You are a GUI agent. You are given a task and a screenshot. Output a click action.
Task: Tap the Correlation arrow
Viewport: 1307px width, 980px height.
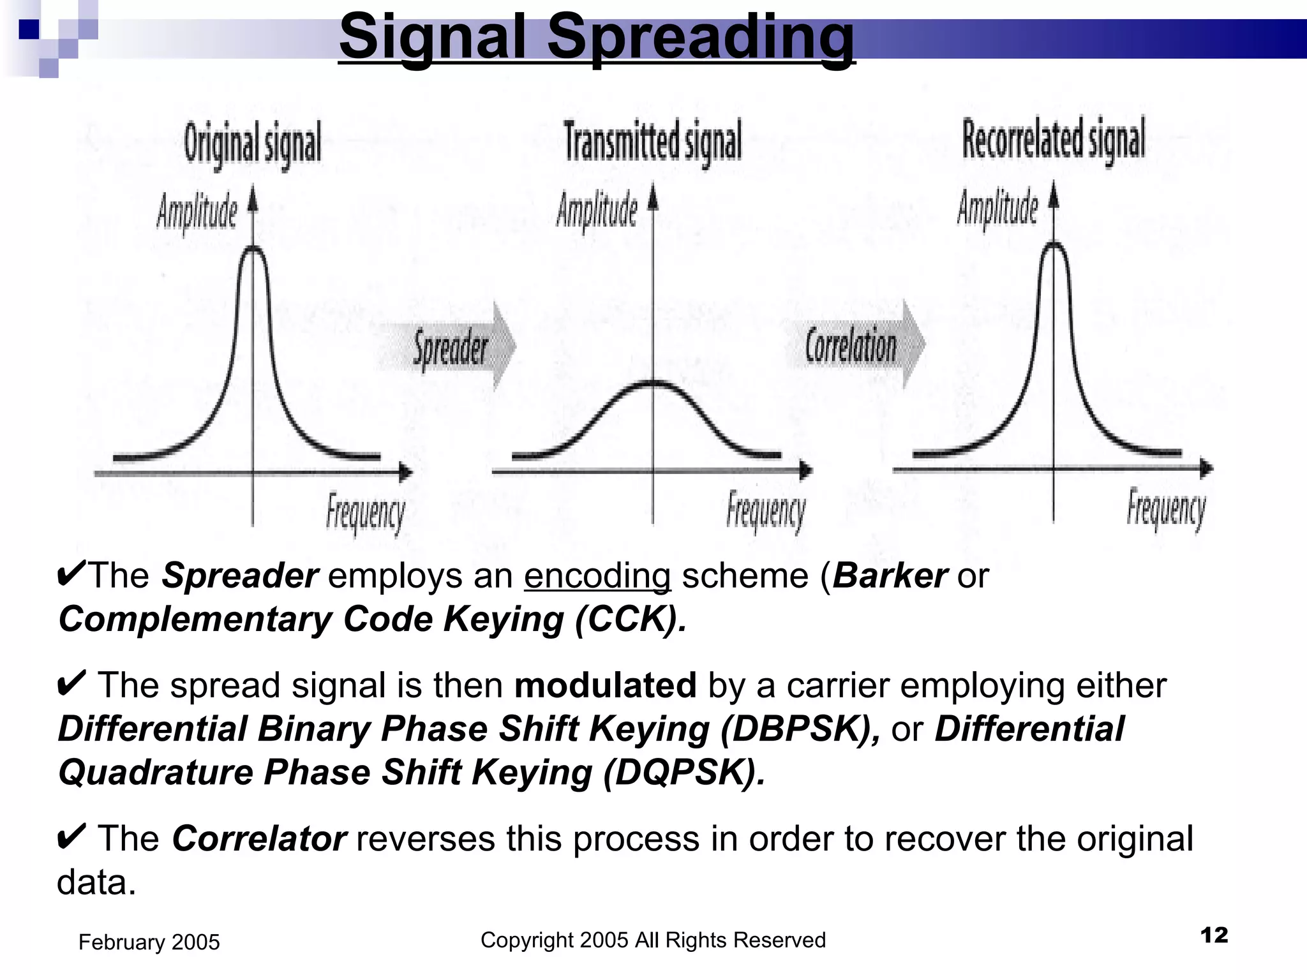click(852, 345)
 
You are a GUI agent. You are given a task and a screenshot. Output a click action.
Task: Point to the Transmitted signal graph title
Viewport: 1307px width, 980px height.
click(653, 141)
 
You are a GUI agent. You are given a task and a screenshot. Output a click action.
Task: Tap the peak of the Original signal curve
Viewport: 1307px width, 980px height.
click(253, 249)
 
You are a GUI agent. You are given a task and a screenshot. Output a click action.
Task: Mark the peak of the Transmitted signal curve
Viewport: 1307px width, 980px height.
click(653, 383)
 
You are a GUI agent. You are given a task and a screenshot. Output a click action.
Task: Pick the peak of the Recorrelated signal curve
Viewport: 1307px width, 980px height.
click(1054, 244)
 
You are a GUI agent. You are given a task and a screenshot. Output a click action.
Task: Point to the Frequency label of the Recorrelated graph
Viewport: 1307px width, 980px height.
click(1166, 509)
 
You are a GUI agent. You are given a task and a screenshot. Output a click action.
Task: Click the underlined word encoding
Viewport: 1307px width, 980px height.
click(597, 575)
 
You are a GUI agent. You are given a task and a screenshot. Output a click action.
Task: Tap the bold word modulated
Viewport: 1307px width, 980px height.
click(605, 685)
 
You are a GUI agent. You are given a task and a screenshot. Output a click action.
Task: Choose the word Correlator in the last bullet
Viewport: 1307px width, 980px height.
click(259, 838)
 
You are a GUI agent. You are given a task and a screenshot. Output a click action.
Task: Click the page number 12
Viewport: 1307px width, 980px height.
click(1214, 935)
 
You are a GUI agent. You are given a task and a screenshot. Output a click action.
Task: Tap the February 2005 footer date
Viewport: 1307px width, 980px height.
click(149, 942)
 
